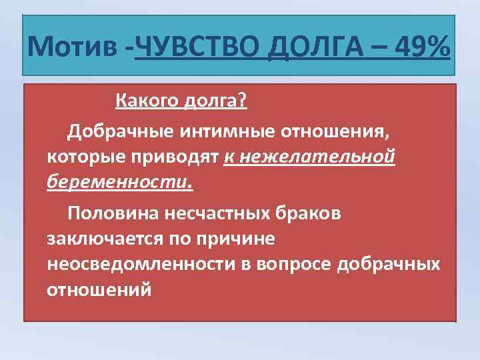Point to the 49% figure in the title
pyautogui.click(x=422, y=47)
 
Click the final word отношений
pyautogui.click(x=99, y=291)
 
